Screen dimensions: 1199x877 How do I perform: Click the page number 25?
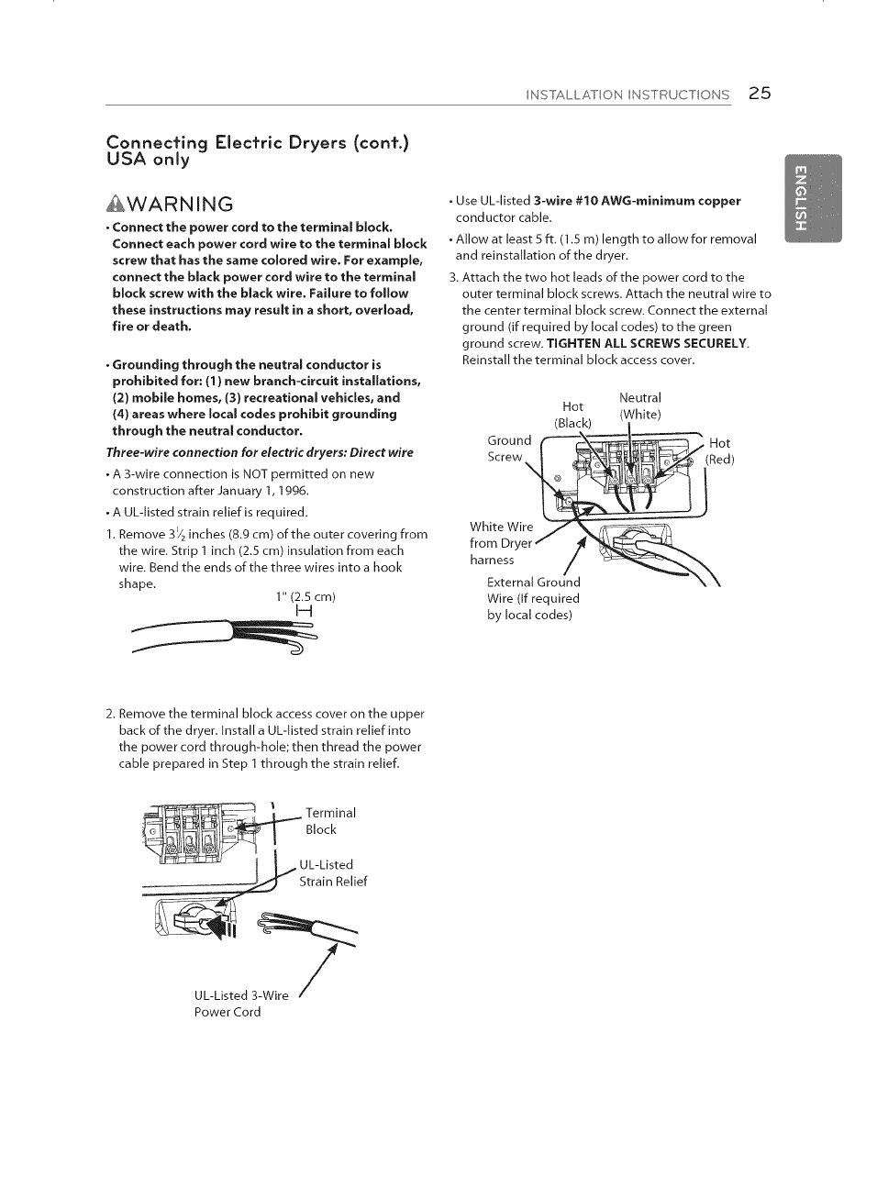(760, 94)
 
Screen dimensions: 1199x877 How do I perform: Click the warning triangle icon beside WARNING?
(117, 204)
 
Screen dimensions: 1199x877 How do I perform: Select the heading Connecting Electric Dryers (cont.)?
(258, 142)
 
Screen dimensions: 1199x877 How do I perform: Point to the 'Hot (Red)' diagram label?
(720, 451)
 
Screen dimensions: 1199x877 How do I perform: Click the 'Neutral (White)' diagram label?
(640, 405)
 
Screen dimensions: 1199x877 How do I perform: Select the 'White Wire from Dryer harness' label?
(501, 543)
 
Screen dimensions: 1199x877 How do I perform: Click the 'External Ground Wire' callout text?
(533, 598)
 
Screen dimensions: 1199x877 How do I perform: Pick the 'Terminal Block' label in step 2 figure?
(330, 821)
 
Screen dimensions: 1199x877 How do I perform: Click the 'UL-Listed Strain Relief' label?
(332, 873)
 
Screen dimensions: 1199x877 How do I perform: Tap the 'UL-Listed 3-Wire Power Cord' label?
(240, 1004)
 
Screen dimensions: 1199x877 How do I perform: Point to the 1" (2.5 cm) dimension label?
(305, 596)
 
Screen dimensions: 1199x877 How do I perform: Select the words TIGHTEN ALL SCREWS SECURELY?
(648, 343)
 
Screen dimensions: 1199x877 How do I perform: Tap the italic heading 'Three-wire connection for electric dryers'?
(260, 452)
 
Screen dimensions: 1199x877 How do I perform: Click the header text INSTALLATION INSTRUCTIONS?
(627, 94)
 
